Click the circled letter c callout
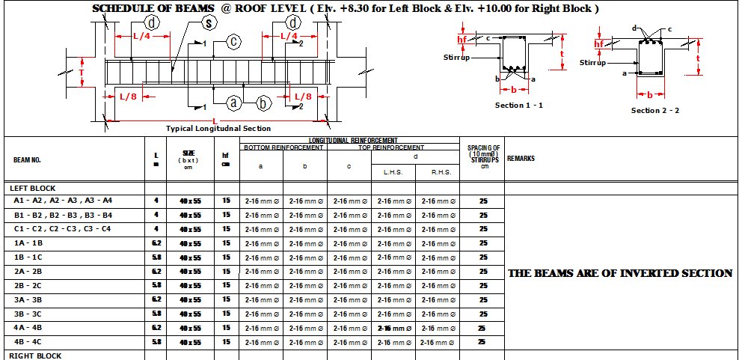233,41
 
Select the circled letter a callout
233,103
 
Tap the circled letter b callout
264,103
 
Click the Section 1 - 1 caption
518,106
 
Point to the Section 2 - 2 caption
654,111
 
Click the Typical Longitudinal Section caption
218,129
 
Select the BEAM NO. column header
27,159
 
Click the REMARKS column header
521,159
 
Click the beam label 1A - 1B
28,243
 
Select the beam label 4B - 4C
28,342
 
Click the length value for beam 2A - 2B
156,272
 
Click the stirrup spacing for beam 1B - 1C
483,257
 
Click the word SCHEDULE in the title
123,9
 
